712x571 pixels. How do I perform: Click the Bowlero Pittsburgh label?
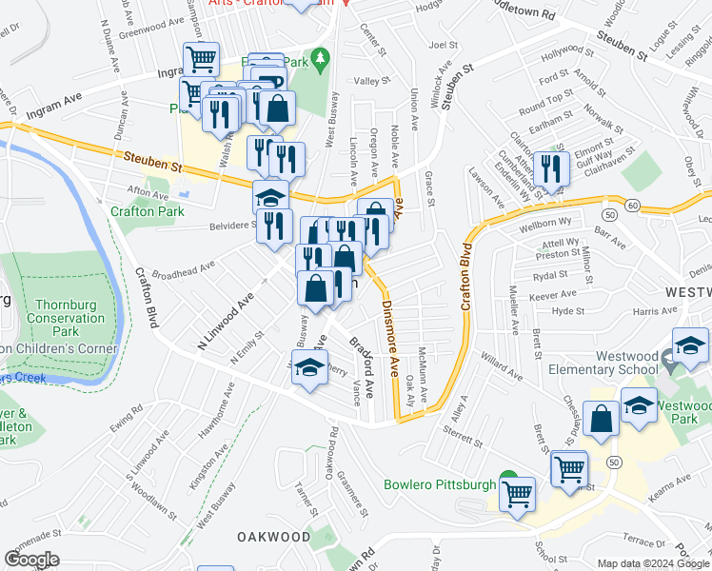pyautogui.click(x=439, y=484)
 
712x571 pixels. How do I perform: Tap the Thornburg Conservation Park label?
pyautogui.click(x=65, y=318)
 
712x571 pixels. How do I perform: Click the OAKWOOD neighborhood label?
pyautogui.click(x=274, y=537)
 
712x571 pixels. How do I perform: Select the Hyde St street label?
pyautogui.click(x=567, y=311)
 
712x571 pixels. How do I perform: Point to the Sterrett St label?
pyautogui.click(x=464, y=432)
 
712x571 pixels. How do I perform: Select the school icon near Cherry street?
pyautogui.click(x=309, y=369)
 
